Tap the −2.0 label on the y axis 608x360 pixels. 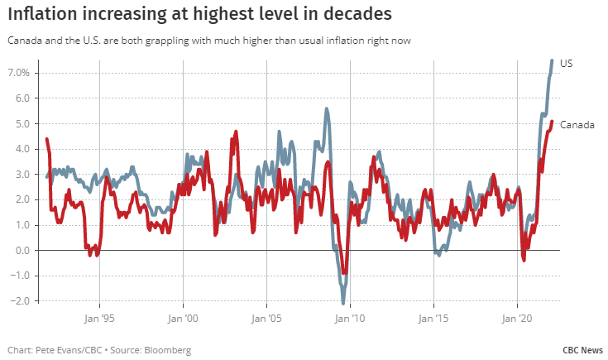point(18,300)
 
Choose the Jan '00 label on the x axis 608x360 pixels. point(182,317)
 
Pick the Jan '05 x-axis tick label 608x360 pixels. point(266,317)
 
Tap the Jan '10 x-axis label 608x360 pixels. point(350,317)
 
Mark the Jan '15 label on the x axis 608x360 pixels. point(433,317)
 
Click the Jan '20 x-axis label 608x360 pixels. point(517,317)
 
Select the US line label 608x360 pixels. point(567,64)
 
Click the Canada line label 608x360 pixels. point(577,125)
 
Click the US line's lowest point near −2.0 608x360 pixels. point(342,302)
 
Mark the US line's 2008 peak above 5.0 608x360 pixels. point(327,108)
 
